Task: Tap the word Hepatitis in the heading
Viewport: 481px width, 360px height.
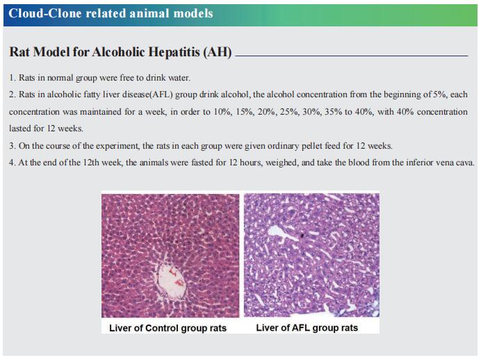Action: (174, 52)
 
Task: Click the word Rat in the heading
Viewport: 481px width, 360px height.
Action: (19, 52)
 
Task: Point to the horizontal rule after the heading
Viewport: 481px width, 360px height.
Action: (352, 56)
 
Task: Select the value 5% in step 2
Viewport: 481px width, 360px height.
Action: (439, 95)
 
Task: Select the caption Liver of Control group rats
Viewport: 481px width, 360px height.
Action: (168, 328)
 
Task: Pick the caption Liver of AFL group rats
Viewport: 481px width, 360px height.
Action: (307, 328)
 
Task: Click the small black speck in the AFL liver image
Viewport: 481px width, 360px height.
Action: (302, 236)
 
